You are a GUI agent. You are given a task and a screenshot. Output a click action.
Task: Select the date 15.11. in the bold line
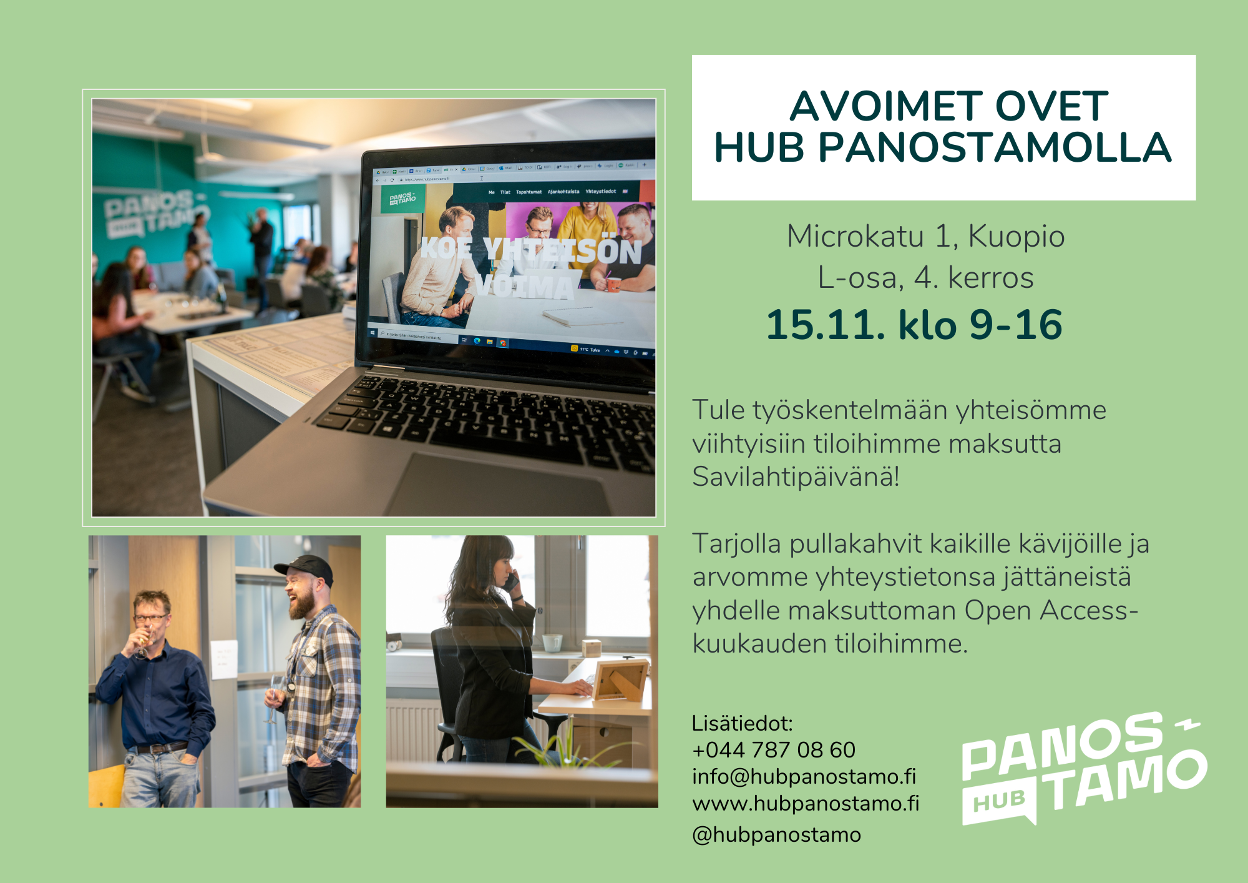coord(826,325)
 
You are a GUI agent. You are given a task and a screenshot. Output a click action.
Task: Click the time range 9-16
coord(1015,325)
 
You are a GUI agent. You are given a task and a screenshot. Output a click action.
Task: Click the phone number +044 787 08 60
coord(774,750)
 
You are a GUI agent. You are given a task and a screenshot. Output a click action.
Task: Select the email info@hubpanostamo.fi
coord(804,777)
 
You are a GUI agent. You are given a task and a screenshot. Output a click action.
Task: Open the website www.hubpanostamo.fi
coord(806,804)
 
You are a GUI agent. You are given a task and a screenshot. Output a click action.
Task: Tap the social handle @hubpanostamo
coord(777,835)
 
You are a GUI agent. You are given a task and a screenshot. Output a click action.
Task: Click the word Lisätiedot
coord(742,724)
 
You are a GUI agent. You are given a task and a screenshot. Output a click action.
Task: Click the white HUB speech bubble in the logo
coord(999,801)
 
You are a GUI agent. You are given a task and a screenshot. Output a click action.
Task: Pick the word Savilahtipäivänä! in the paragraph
coord(796,477)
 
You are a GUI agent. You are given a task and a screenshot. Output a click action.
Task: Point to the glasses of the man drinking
coord(151,618)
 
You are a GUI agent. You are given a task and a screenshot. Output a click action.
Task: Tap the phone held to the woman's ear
coord(512,583)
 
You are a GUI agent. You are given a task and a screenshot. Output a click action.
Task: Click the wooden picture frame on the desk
coord(620,680)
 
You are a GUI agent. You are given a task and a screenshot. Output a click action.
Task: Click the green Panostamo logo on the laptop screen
coord(402,199)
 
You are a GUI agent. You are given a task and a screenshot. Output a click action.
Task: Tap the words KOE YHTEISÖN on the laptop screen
coord(530,250)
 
